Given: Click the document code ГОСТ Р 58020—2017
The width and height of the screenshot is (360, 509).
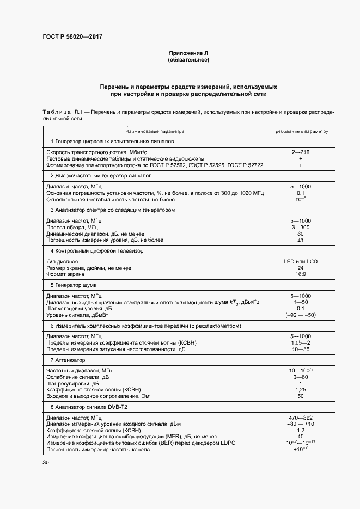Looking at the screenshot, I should pyautogui.click(x=72, y=36).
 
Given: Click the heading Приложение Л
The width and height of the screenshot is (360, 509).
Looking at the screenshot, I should pyautogui.click(x=188, y=53).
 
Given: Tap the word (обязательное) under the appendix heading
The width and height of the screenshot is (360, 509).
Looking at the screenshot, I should pyautogui.click(x=188, y=60).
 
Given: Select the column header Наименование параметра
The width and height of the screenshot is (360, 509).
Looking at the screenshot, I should pyautogui.click(x=155, y=131).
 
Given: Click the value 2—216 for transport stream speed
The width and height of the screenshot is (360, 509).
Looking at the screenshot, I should pyautogui.click(x=301, y=152).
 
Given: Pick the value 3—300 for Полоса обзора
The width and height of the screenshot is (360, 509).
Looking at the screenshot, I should pyautogui.click(x=301, y=226).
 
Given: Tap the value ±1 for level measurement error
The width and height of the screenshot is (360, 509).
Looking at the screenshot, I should pyautogui.click(x=301, y=240).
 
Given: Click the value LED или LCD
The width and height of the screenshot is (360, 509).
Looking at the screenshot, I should pyautogui.click(x=301, y=261).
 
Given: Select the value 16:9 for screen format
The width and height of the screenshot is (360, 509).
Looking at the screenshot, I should pyautogui.click(x=301, y=274).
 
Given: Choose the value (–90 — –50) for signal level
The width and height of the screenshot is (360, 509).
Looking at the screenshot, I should pyautogui.click(x=301, y=315).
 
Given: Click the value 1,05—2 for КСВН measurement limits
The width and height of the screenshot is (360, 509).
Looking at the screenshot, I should pyautogui.click(x=301, y=343).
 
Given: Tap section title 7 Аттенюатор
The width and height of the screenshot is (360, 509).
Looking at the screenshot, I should pyautogui.click(x=70, y=360).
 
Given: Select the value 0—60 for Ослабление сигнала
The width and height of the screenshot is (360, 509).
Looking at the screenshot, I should pyautogui.click(x=301, y=377).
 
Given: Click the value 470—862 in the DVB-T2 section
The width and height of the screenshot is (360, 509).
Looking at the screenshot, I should pyautogui.click(x=301, y=417).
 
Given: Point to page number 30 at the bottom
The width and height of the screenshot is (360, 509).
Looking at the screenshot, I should pyautogui.click(x=46, y=463).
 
